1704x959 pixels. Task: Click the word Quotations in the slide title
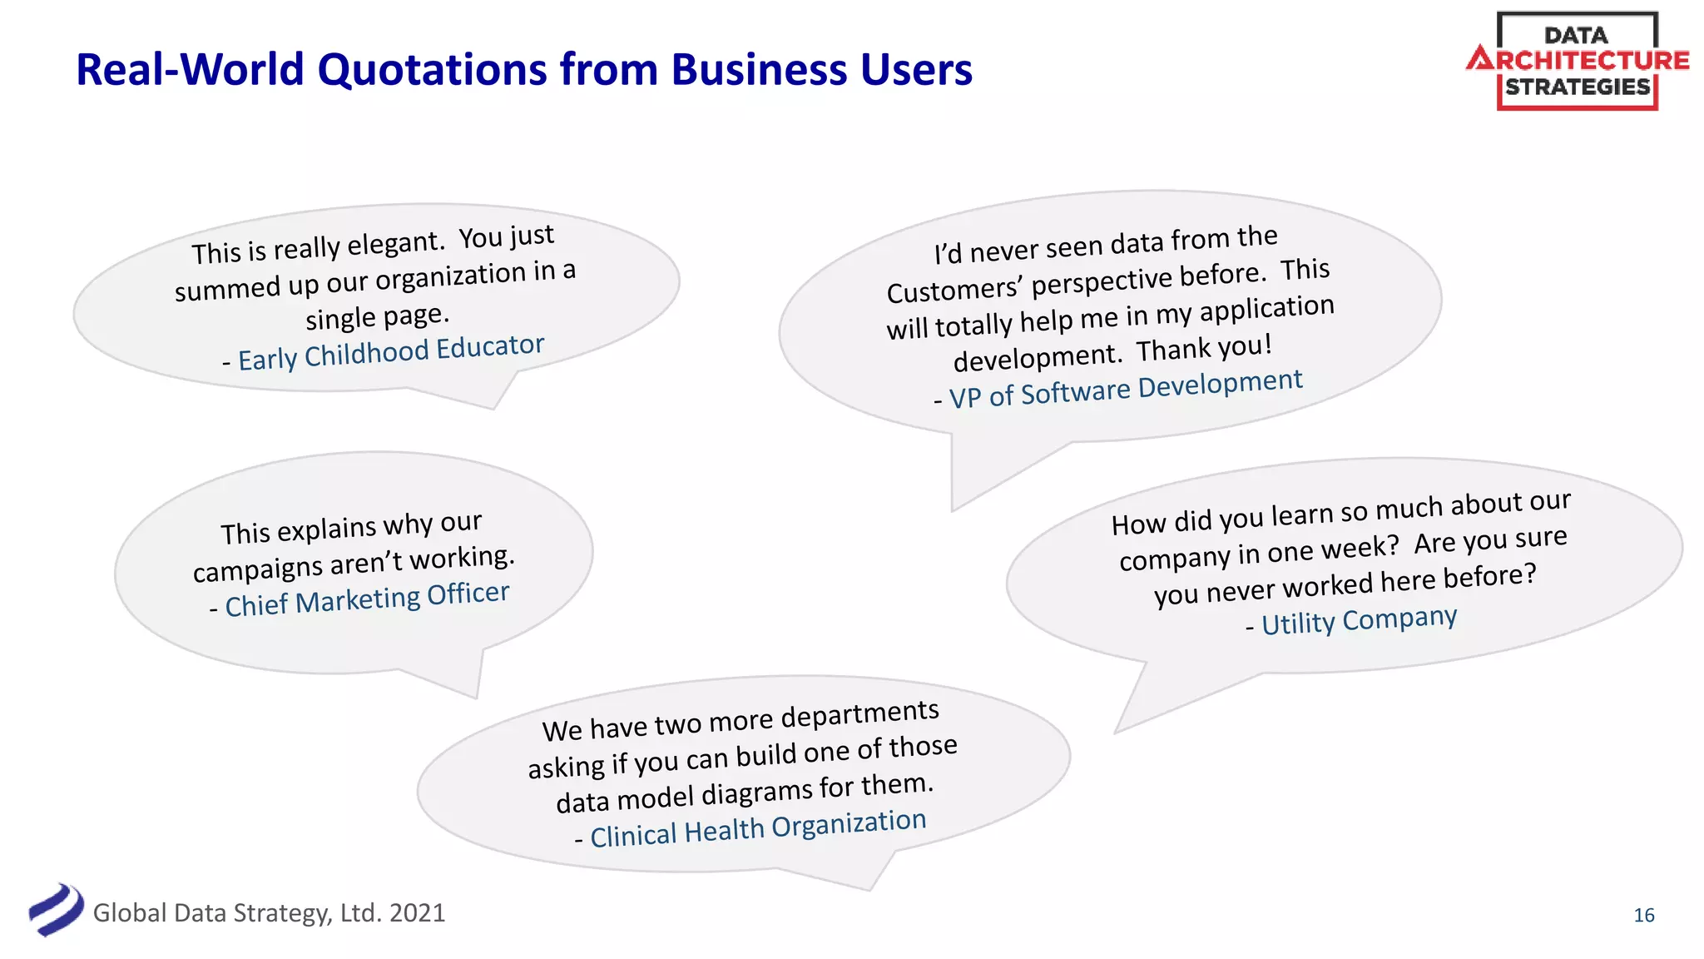[x=433, y=70]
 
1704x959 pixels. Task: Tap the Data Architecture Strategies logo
[x=1577, y=61]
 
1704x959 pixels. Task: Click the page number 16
[x=1643, y=915]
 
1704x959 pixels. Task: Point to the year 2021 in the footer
[x=417, y=913]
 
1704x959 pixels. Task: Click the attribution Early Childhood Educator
[x=390, y=352]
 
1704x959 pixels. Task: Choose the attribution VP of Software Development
[x=1125, y=389]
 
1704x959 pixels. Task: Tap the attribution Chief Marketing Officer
[x=366, y=599]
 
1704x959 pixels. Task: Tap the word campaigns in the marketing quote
[x=257, y=569]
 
